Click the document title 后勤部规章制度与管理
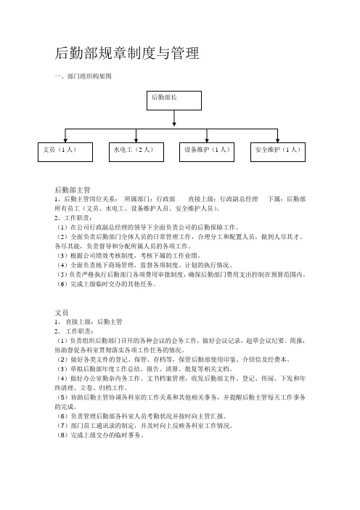click(127, 53)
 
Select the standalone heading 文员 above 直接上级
click(62, 312)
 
